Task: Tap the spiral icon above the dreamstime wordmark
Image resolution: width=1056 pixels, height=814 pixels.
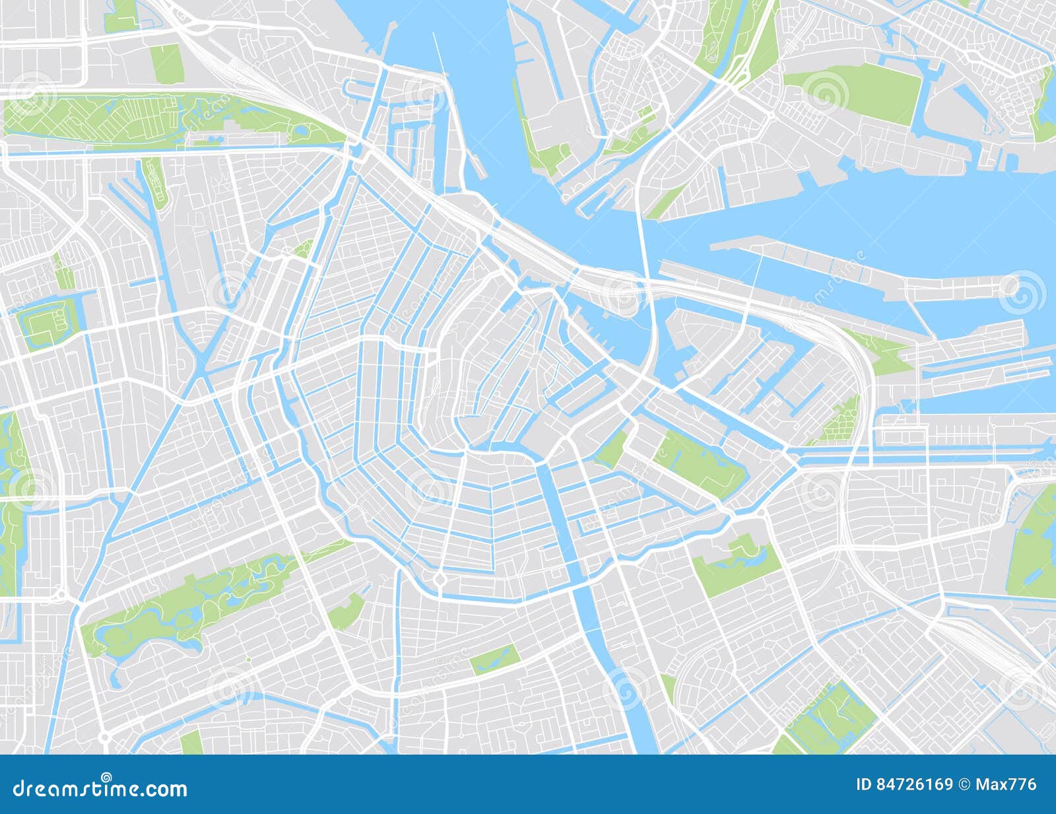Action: click(106, 777)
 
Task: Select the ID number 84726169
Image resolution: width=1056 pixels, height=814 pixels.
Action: click(913, 784)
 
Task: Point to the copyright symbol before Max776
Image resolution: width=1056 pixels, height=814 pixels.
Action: click(965, 784)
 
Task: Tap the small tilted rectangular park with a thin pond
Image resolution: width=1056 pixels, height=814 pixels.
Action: click(495, 658)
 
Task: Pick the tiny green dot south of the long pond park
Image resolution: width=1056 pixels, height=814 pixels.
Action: click(248, 659)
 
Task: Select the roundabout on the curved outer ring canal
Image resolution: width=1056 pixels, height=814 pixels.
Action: click(438, 580)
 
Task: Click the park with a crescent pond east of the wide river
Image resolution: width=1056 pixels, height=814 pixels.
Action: click(736, 564)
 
